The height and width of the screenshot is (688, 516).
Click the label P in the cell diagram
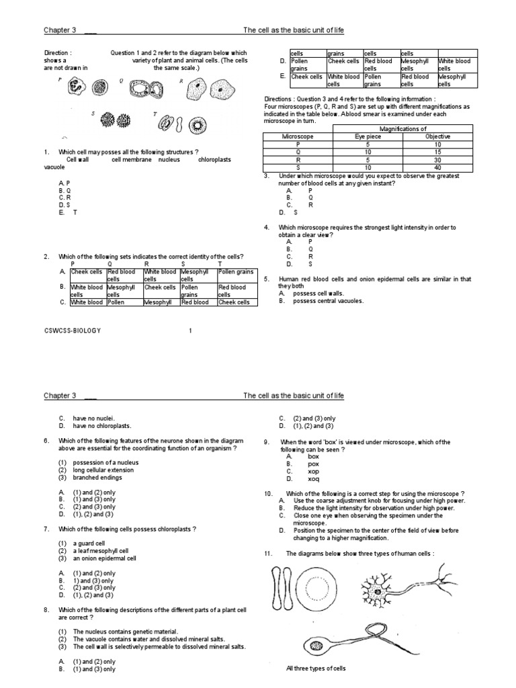click(60, 79)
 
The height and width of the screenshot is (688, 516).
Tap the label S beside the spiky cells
click(93, 114)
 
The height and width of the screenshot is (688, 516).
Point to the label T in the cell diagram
click(155, 114)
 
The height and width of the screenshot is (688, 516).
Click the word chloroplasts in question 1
click(213, 160)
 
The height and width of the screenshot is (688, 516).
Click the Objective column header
click(438, 136)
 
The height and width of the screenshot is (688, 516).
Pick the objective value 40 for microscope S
click(438, 167)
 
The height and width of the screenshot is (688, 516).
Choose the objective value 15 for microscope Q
click(438, 151)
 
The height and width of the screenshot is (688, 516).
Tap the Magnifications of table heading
click(404, 129)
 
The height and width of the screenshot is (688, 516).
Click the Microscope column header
click(297, 136)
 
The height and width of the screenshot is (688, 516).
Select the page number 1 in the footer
click(190, 331)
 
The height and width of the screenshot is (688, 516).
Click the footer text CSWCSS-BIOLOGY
click(71, 331)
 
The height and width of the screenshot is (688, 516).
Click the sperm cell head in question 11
click(316, 644)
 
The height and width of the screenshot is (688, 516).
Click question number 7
click(46, 529)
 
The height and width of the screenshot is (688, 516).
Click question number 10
click(269, 493)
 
